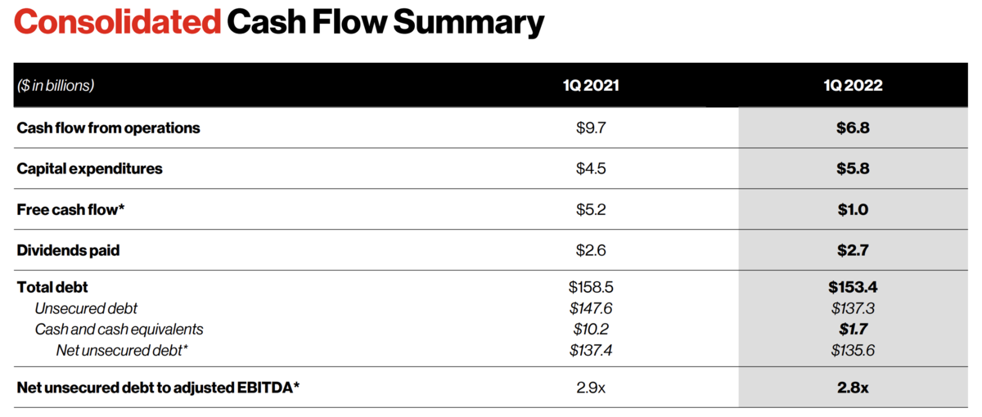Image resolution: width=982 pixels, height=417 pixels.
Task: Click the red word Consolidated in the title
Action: point(118,21)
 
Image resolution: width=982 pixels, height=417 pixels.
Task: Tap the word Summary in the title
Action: point(469,24)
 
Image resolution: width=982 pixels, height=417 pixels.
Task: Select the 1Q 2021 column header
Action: point(591,85)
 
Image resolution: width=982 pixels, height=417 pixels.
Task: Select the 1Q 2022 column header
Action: point(853,85)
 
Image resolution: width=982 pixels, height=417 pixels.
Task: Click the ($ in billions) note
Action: point(56,85)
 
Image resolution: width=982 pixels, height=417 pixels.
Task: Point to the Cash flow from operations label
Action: point(108,128)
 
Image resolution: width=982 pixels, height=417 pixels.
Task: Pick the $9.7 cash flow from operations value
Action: point(591,128)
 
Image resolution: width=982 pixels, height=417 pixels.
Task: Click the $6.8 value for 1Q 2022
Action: point(853,128)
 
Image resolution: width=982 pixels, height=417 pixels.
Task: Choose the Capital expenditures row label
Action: point(89,169)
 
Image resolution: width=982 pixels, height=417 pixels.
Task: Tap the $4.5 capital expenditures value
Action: point(591,168)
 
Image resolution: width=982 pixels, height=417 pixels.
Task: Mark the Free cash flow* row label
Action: point(70,210)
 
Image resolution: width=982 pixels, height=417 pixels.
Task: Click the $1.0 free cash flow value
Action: point(853,210)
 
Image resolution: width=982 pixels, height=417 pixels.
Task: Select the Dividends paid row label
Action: point(68,250)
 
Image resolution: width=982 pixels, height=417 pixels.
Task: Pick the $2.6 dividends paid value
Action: point(591,250)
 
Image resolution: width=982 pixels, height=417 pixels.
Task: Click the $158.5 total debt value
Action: point(591,287)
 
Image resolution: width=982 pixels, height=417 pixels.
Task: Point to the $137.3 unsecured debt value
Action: point(853,309)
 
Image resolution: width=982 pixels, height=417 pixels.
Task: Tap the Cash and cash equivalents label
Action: point(119,330)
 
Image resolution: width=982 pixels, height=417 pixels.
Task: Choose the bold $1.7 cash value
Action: point(853,330)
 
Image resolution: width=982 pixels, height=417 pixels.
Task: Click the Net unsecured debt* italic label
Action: point(122,351)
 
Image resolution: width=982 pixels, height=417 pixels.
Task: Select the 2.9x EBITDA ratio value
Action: point(591,388)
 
